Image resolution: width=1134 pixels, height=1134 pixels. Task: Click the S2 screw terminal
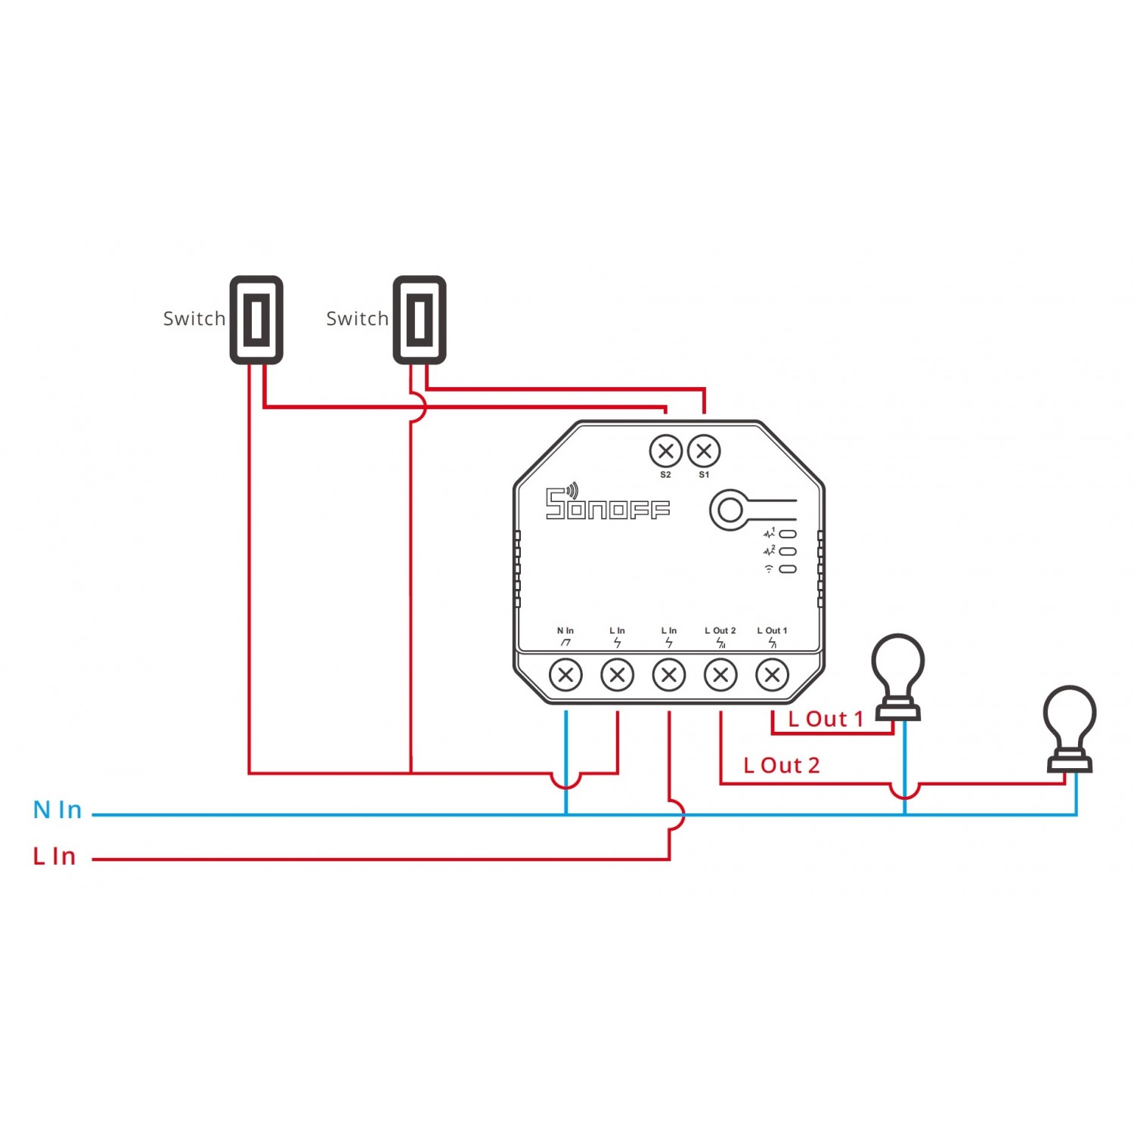(x=665, y=451)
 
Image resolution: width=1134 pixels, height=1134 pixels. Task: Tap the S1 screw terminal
(x=705, y=451)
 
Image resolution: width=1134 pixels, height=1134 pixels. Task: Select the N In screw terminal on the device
(x=565, y=674)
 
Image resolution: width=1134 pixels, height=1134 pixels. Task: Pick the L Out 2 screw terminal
(x=720, y=674)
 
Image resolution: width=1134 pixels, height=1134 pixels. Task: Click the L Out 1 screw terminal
(x=772, y=674)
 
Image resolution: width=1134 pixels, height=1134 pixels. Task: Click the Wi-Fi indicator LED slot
(x=788, y=569)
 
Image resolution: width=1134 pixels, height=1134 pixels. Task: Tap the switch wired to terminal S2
(x=256, y=320)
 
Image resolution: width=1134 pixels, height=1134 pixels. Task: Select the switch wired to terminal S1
(x=420, y=320)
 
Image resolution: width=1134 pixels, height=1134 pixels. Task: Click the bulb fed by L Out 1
(x=898, y=677)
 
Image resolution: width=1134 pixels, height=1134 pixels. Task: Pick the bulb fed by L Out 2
(x=1070, y=729)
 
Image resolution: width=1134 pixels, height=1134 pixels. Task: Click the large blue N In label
(x=57, y=810)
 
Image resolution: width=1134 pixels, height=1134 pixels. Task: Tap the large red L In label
(x=54, y=857)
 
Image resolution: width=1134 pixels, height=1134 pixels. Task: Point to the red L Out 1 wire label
(x=826, y=719)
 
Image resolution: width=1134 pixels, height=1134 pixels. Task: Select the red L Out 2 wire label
(x=782, y=766)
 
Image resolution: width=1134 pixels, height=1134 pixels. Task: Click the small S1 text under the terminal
(x=705, y=475)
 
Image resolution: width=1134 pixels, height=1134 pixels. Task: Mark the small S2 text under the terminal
(x=665, y=475)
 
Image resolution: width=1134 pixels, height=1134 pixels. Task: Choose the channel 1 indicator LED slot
(x=788, y=534)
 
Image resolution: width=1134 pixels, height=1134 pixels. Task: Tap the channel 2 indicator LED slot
(x=788, y=552)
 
